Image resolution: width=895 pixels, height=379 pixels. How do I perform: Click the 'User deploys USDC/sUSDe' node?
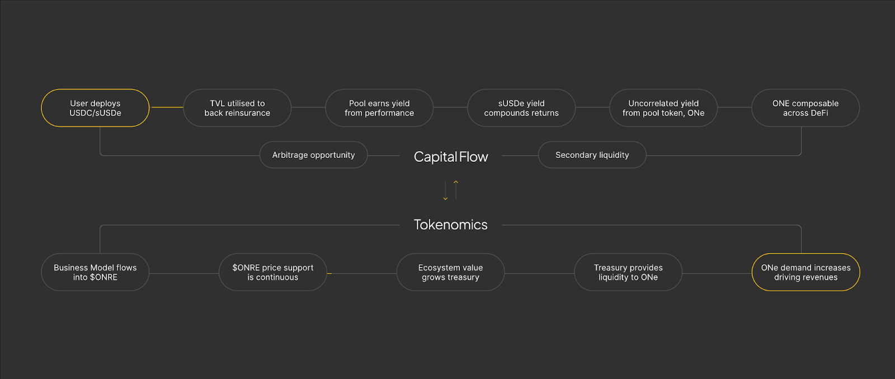click(95, 108)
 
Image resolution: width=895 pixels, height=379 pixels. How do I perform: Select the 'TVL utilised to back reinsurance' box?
click(237, 108)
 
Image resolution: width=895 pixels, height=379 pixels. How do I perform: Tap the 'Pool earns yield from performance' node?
click(379, 108)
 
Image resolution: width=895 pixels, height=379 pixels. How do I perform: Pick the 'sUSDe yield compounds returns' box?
click(521, 108)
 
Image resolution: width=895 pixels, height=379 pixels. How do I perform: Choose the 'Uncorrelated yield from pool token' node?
click(663, 108)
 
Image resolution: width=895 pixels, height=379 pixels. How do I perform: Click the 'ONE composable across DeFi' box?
click(805, 108)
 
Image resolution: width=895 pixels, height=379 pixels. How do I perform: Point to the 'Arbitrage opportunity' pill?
click(313, 155)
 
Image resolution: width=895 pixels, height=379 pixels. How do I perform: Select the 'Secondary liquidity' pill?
click(592, 155)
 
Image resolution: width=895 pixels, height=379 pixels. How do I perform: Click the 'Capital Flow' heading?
click(451, 157)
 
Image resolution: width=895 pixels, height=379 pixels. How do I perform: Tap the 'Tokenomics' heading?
click(451, 224)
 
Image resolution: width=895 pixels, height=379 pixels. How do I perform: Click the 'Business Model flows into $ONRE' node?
click(95, 273)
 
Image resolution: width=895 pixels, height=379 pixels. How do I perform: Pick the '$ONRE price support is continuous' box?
click(273, 273)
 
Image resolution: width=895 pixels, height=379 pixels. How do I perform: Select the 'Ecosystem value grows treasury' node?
click(450, 273)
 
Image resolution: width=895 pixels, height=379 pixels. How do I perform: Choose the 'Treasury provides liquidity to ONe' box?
click(628, 273)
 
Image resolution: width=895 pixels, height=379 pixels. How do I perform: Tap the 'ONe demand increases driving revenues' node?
click(805, 273)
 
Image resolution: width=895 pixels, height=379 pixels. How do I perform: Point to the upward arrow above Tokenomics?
click(456, 189)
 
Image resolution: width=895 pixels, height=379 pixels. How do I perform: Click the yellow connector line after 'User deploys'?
click(167, 107)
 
